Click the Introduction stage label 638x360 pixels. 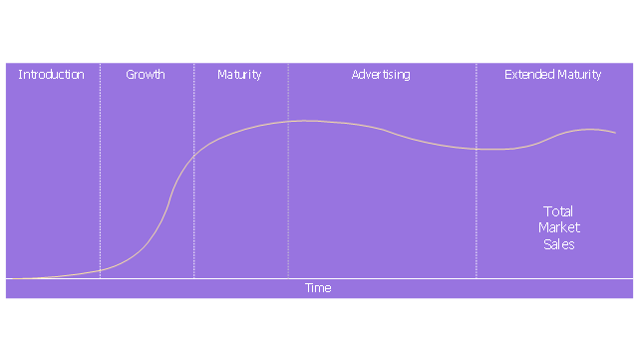coord(51,75)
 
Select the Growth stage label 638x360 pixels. coord(146,75)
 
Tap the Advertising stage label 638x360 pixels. coord(381,75)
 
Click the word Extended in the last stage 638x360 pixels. coord(529,75)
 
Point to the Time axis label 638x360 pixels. coord(318,288)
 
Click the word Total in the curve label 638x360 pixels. coord(558,211)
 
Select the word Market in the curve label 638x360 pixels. coord(559,227)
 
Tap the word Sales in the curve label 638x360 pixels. coord(559,244)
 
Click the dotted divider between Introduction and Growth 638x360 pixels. coord(100,171)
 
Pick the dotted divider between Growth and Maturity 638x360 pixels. coord(193,171)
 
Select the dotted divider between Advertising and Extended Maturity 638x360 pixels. coord(477,171)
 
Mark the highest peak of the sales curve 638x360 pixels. coord(304,121)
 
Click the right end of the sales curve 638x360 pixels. coord(616,133)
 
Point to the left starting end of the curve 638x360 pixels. coord(7,278)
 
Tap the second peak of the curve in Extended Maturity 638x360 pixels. coord(590,129)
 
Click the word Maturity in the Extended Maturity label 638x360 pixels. coord(579,75)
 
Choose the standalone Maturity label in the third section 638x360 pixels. coord(239,75)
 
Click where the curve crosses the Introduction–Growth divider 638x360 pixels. coord(100,270)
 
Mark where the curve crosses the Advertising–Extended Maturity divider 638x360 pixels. coord(477,149)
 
